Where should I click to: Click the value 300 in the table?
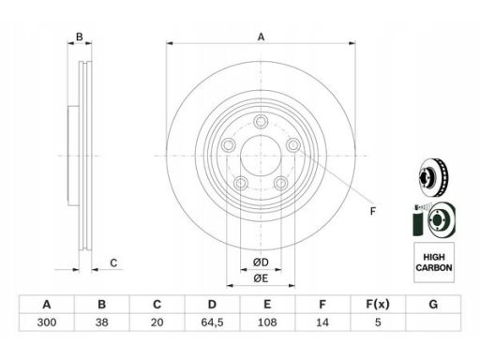point(47,322)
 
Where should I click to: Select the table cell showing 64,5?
point(212,322)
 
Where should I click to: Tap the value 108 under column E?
point(267,322)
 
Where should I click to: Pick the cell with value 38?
point(102,322)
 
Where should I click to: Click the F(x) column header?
point(378,304)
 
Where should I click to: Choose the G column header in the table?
point(433,304)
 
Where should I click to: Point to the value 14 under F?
point(322,322)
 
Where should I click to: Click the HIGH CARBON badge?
point(434,262)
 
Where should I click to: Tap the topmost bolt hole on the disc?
point(261,121)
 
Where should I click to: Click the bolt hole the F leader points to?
point(293,145)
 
